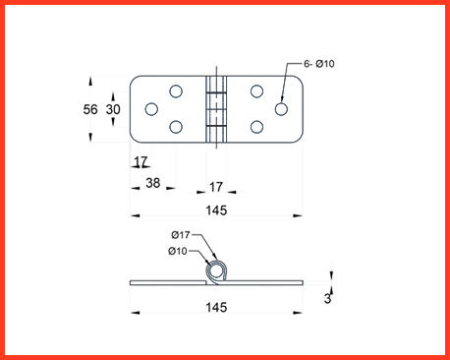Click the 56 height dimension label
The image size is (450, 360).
tap(90, 109)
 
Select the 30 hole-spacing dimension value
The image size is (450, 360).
tap(113, 109)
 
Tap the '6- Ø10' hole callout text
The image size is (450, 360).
tap(319, 64)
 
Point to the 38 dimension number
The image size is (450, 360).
tap(153, 183)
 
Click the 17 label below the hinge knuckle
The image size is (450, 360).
tap(216, 187)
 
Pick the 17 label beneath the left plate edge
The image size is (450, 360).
tap(141, 161)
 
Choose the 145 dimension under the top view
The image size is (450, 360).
tap(216, 210)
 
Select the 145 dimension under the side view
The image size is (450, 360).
tap(216, 308)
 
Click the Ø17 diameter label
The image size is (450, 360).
tap(181, 235)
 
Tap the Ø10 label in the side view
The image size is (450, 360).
tap(178, 251)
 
